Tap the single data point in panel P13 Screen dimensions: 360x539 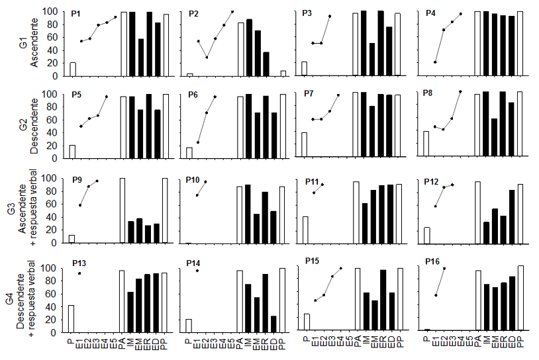click(x=80, y=273)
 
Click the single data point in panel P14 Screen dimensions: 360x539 click(x=197, y=271)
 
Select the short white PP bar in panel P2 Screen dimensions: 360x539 click(x=283, y=73)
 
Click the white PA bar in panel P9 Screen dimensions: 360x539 click(x=122, y=210)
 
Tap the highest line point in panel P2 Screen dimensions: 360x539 click(x=232, y=11)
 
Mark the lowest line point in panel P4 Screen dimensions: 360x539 click(x=435, y=62)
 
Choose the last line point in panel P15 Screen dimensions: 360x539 click(x=341, y=268)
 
